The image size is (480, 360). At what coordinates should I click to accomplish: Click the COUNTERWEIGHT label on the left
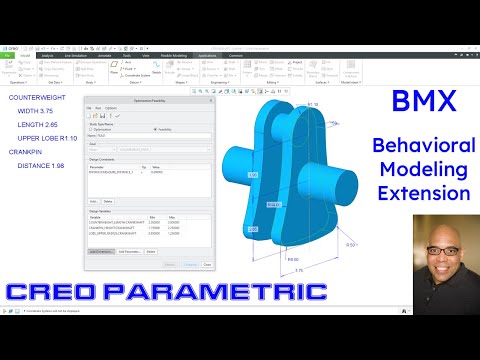38,96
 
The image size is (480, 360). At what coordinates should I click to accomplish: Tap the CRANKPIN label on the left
27,153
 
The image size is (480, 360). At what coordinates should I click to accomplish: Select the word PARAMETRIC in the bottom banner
228,292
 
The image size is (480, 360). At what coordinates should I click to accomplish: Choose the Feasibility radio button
156,129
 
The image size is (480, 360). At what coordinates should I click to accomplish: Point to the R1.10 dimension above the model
312,103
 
